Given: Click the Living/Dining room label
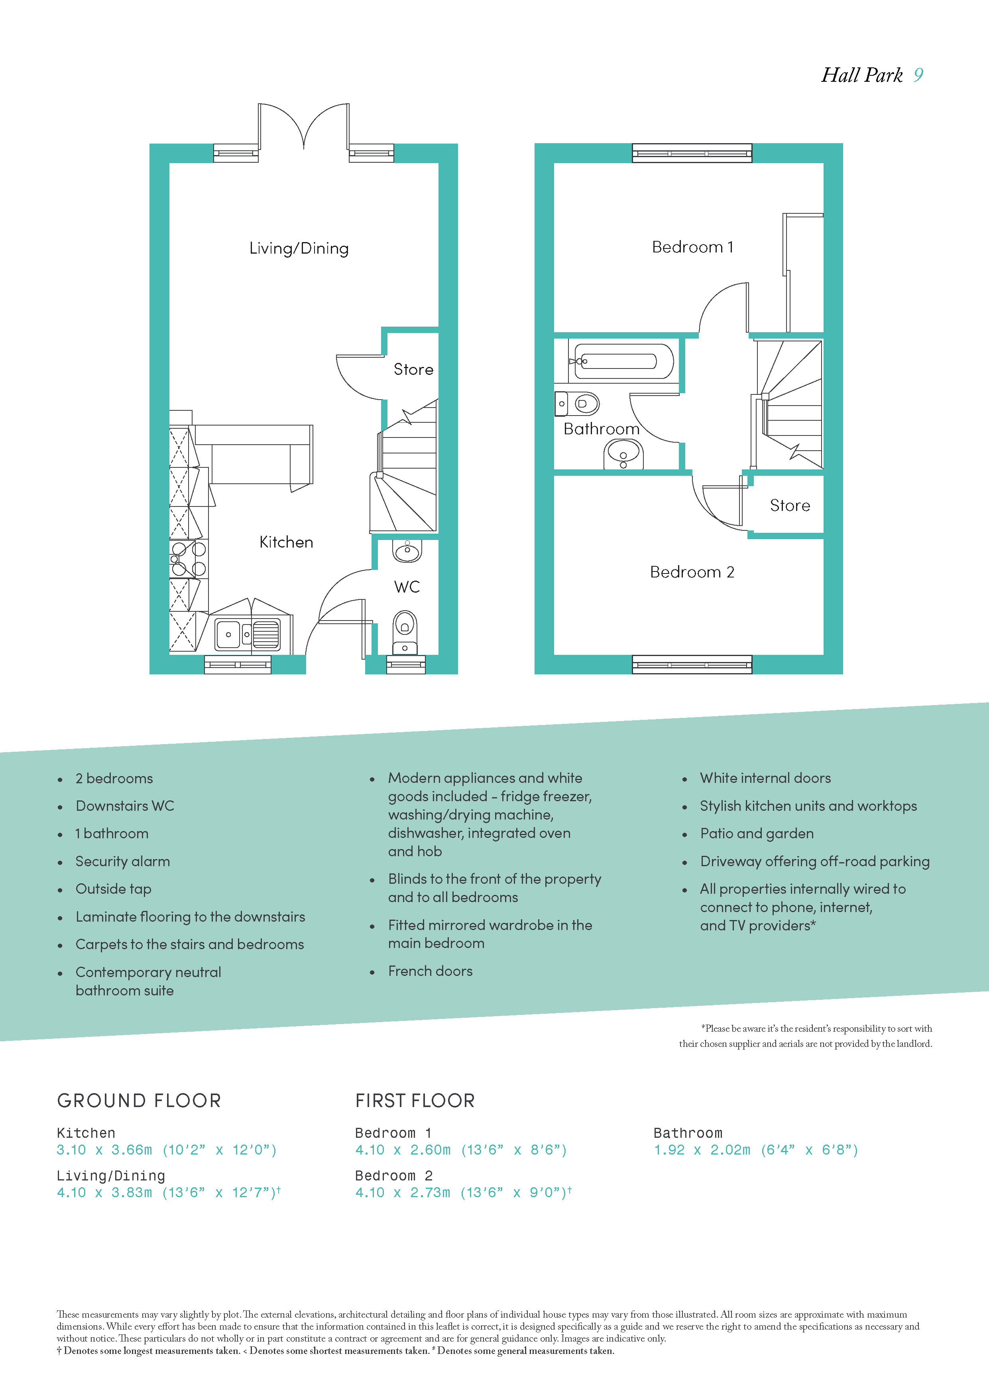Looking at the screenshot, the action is [299, 248].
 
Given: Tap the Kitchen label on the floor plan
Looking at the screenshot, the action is [286, 542].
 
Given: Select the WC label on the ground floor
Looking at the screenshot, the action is [407, 587].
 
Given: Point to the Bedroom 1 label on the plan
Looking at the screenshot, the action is [692, 247].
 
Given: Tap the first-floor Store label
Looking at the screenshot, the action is [790, 505].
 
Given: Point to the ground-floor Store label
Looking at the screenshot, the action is [413, 369].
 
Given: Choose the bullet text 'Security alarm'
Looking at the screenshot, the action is [122, 861].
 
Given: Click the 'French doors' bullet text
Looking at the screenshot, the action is [430, 971].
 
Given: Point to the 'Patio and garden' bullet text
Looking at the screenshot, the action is [756, 833].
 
